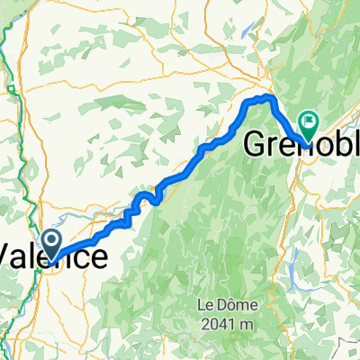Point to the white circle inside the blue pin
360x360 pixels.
(x=51, y=239)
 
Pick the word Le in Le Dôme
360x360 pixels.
(x=205, y=304)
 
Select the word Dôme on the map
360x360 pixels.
(x=229, y=304)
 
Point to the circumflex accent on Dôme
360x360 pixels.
(x=229, y=299)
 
